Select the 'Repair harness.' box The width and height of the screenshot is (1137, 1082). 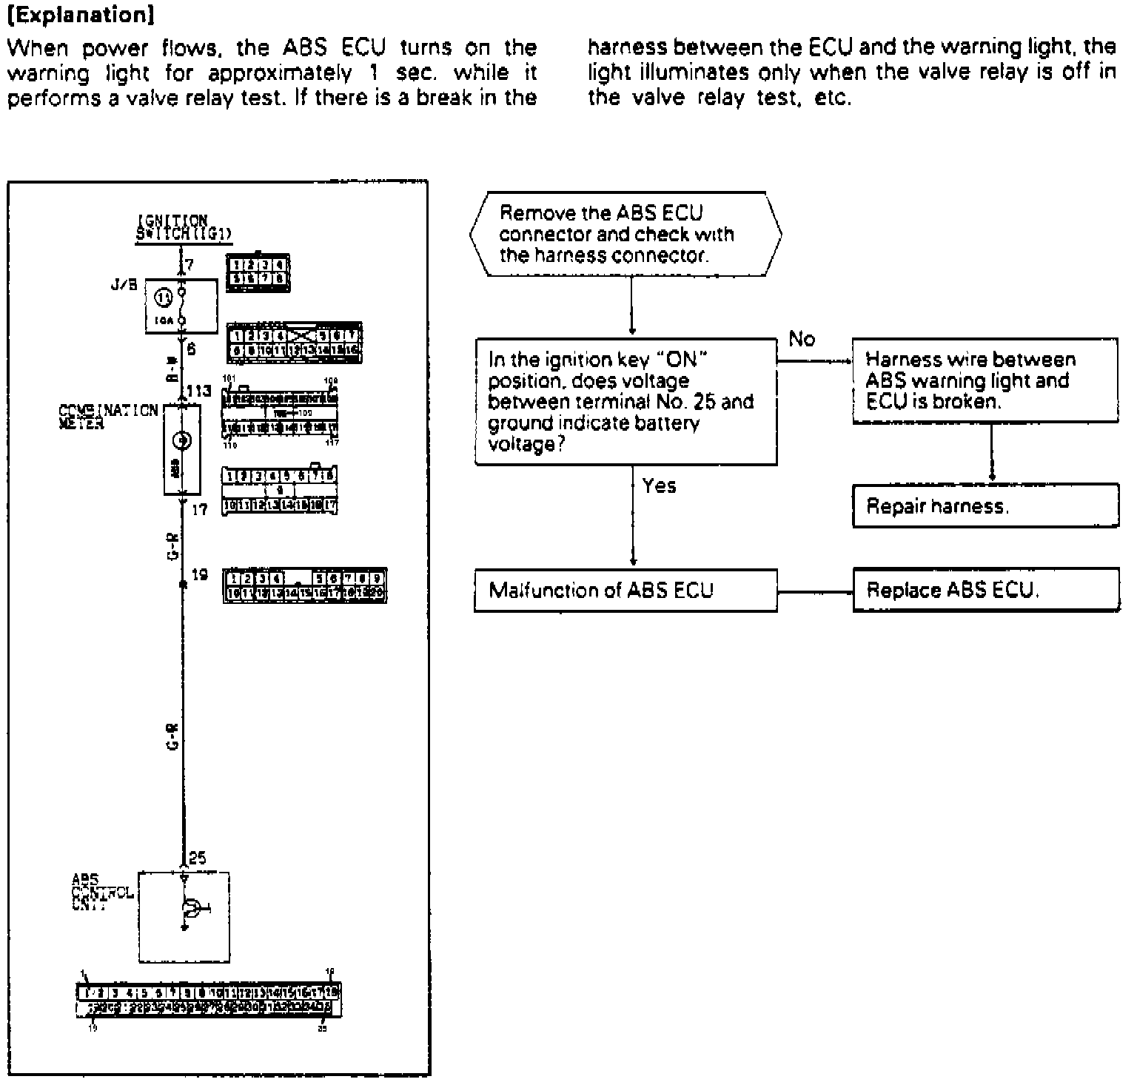(985, 506)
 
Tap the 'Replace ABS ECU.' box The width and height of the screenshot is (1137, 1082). (985, 591)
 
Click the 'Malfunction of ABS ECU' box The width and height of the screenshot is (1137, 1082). (625, 591)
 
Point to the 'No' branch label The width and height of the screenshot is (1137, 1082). (802, 340)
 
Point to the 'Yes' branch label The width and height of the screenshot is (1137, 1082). (659, 486)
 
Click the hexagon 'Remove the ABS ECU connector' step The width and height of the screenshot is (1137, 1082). (625, 235)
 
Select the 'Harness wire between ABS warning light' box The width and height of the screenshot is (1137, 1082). (985, 381)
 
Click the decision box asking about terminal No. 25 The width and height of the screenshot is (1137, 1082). (625, 402)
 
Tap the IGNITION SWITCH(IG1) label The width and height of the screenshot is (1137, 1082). (184, 228)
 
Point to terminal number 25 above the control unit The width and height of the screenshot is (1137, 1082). (198, 858)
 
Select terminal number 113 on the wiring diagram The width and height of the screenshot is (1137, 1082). (199, 392)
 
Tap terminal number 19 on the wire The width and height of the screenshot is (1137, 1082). (200, 574)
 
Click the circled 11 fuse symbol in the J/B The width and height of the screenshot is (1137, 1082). (164, 298)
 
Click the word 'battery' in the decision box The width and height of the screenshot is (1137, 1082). (669, 423)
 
